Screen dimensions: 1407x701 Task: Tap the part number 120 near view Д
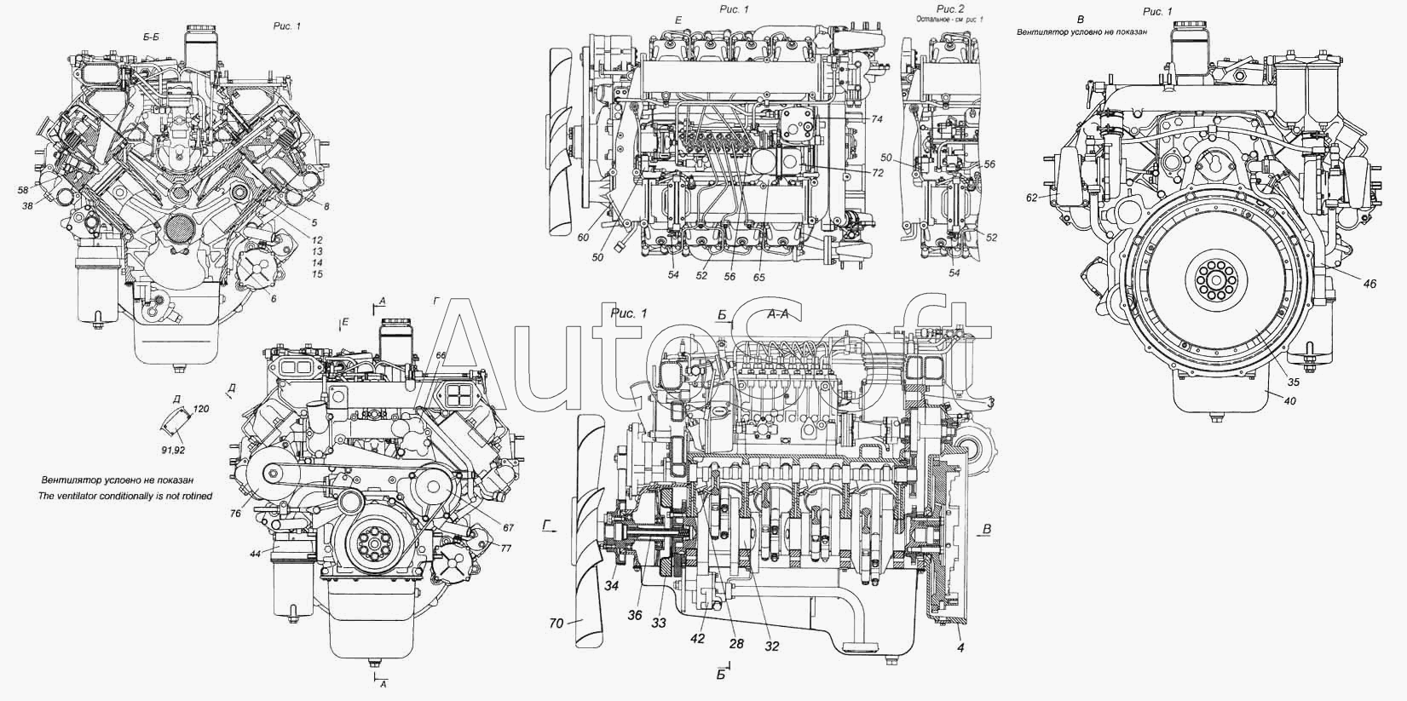pyautogui.click(x=201, y=409)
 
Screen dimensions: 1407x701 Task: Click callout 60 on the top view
pyautogui.click(x=582, y=238)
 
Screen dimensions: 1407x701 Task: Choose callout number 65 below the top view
pyautogui.click(x=759, y=278)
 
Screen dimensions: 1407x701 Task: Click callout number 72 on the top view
pyautogui.click(x=877, y=173)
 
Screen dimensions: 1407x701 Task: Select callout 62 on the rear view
pyautogui.click(x=1031, y=198)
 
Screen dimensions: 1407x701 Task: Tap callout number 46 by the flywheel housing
pyautogui.click(x=1370, y=284)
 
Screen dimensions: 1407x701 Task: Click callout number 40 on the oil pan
pyautogui.click(x=1289, y=401)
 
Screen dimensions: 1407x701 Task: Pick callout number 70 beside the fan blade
pyautogui.click(x=556, y=623)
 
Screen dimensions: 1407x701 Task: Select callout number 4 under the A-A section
pyautogui.click(x=960, y=648)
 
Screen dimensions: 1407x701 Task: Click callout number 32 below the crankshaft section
pyautogui.click(x=771, y=646)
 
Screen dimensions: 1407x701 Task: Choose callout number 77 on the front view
pyautogui.click(x=505, y=548)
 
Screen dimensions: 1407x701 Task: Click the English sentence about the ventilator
pyautogui.click(x=125, y=495)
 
